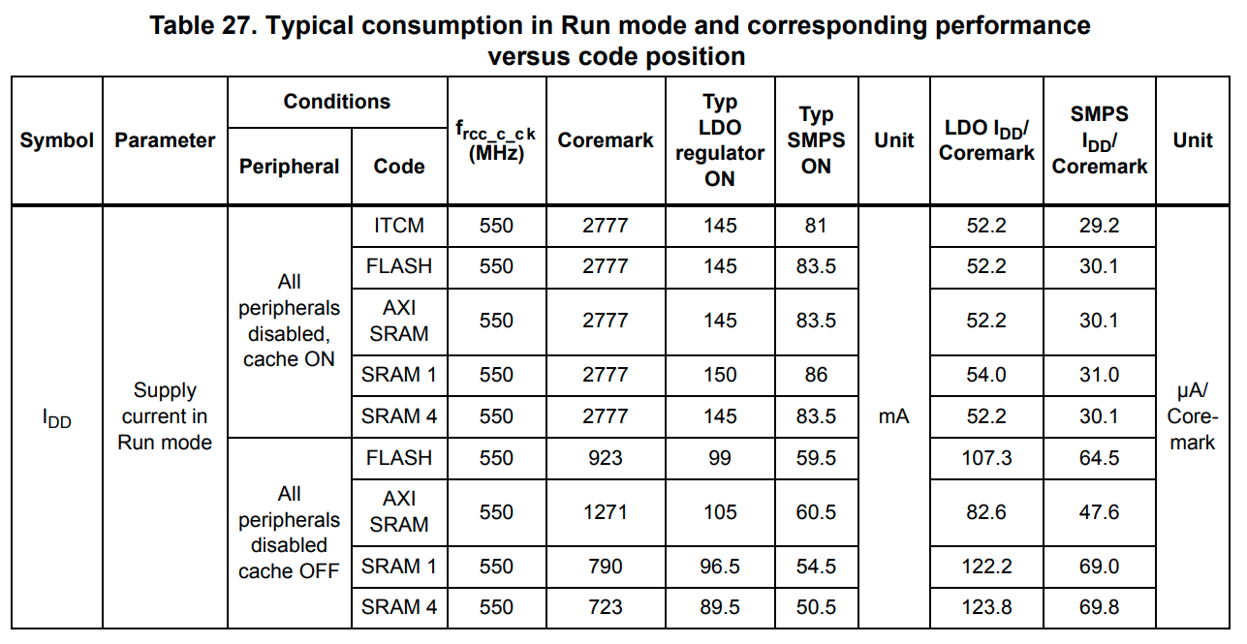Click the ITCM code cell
point(399,226)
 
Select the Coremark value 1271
point(606,511)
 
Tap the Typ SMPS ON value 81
point(816,226)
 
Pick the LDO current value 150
point(720,375)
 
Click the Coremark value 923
point(606,457)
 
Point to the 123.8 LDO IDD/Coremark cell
point(986,607)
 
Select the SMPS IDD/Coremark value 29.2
point(1099,226)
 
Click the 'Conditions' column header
point(336,102)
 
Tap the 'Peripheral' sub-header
point(289,166)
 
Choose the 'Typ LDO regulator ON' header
point(720,140)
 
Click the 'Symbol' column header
point(57,140)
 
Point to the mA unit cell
point(893,416)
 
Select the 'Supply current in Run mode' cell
point(165,416)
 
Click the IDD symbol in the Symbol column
point(57,419)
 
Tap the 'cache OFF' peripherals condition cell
point(289,533)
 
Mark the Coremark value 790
point(606,566)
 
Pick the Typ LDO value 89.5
point(720,607)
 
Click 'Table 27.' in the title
point(203,26)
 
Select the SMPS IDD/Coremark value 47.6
point(1099,511)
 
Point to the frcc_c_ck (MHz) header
point(496,141)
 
